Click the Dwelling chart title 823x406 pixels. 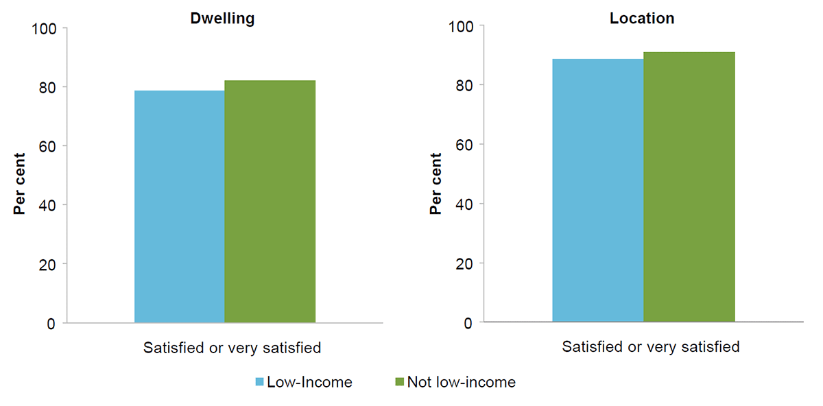222,19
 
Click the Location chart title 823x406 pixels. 642,19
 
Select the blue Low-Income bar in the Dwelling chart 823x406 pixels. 179,206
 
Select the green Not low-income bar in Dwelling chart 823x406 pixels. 270,202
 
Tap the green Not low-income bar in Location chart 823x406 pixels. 689,187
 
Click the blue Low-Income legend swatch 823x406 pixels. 260,382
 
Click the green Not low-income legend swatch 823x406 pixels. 400,382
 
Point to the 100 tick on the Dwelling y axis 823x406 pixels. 46,29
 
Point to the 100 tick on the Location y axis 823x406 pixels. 464,27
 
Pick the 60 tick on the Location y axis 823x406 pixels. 468,145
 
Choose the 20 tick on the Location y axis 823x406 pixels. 468,263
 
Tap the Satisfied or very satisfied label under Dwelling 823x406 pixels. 232,348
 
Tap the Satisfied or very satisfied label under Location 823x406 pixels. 650,347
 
